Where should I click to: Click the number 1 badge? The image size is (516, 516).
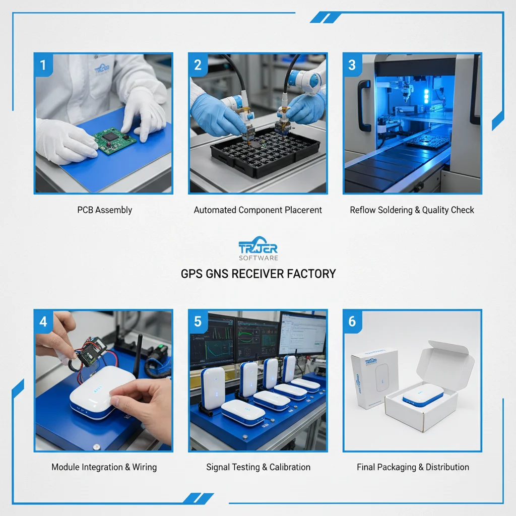click(43, 65)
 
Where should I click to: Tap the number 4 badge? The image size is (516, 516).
click(43, 321)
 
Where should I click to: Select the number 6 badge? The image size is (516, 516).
click(352, 321)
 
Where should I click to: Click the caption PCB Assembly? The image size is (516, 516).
click(104, 210)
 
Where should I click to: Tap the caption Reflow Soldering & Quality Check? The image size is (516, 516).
click(412, 210)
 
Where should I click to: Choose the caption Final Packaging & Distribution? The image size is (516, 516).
click(413, 467)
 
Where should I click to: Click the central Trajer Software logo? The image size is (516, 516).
click(258, 249)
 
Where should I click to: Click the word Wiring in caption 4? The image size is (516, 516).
click(144, 467)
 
